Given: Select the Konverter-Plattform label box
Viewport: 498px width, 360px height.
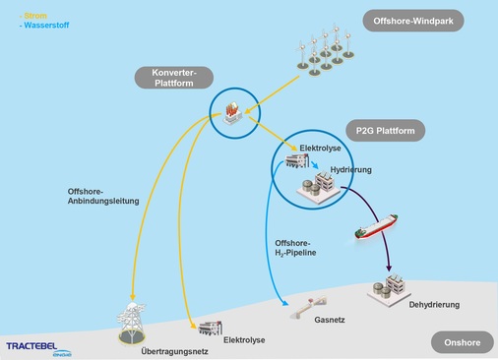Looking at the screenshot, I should pyautogui.click(x=176, y=79).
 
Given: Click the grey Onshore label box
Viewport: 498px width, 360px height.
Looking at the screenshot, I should pyautogui.click(x=461, y=341).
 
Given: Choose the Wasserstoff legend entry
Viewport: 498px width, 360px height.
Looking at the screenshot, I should pyautogui.click(x=45, y=24).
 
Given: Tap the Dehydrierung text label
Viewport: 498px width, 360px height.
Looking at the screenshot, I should pyautogui.click(x=433, y=305).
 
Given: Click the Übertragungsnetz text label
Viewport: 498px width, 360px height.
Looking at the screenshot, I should pyautogui.click(x=157, y=350).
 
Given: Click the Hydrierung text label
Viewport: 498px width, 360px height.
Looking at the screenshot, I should pyautogui.click(x=351, y=170).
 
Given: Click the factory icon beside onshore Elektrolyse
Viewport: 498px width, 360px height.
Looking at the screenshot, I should pyautogui.click(x=208, y=328).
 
